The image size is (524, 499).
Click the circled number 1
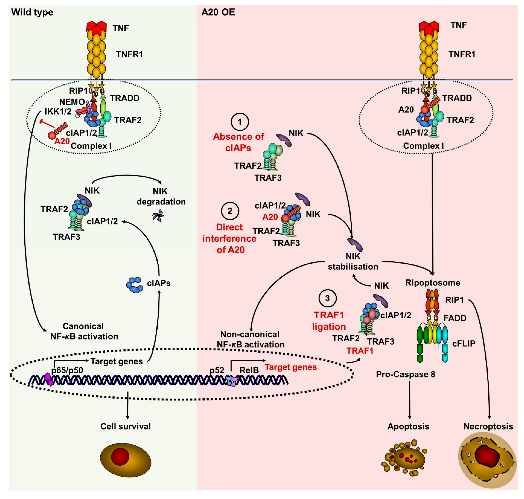pyautogui.click(x=240, y=122)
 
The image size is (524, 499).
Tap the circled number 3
pyautogui.click(x=327, y=298)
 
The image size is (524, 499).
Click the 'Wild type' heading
pyautogui.click(x=32, y=12)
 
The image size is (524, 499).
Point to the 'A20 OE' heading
pyautogui.click(x=218, y=12)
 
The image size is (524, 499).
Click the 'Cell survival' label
pyautogui.click(x=126, y=426)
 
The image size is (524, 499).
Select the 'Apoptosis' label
pyautogui.click(x=408, y=426)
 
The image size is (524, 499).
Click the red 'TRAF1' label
pyautogui.click(x=360, y=351)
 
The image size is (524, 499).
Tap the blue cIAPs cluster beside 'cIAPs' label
pyautogui.click(x=135, y=285)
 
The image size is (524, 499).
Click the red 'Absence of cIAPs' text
pyautogui.click(x=238, y=142)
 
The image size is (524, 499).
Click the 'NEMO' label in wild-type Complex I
pyautogui.click(x=72, y=102)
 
